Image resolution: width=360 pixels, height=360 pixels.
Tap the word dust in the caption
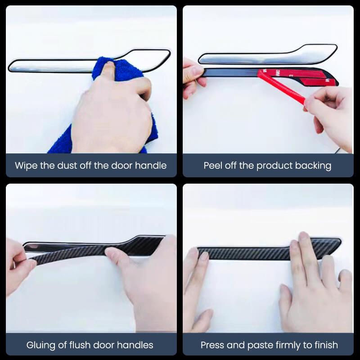[67, 166]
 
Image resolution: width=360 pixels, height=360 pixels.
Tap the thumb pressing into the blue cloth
[108, 70]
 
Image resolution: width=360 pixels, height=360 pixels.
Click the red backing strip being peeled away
[281, 87]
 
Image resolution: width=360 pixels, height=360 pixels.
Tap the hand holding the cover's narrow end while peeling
[193, 77]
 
